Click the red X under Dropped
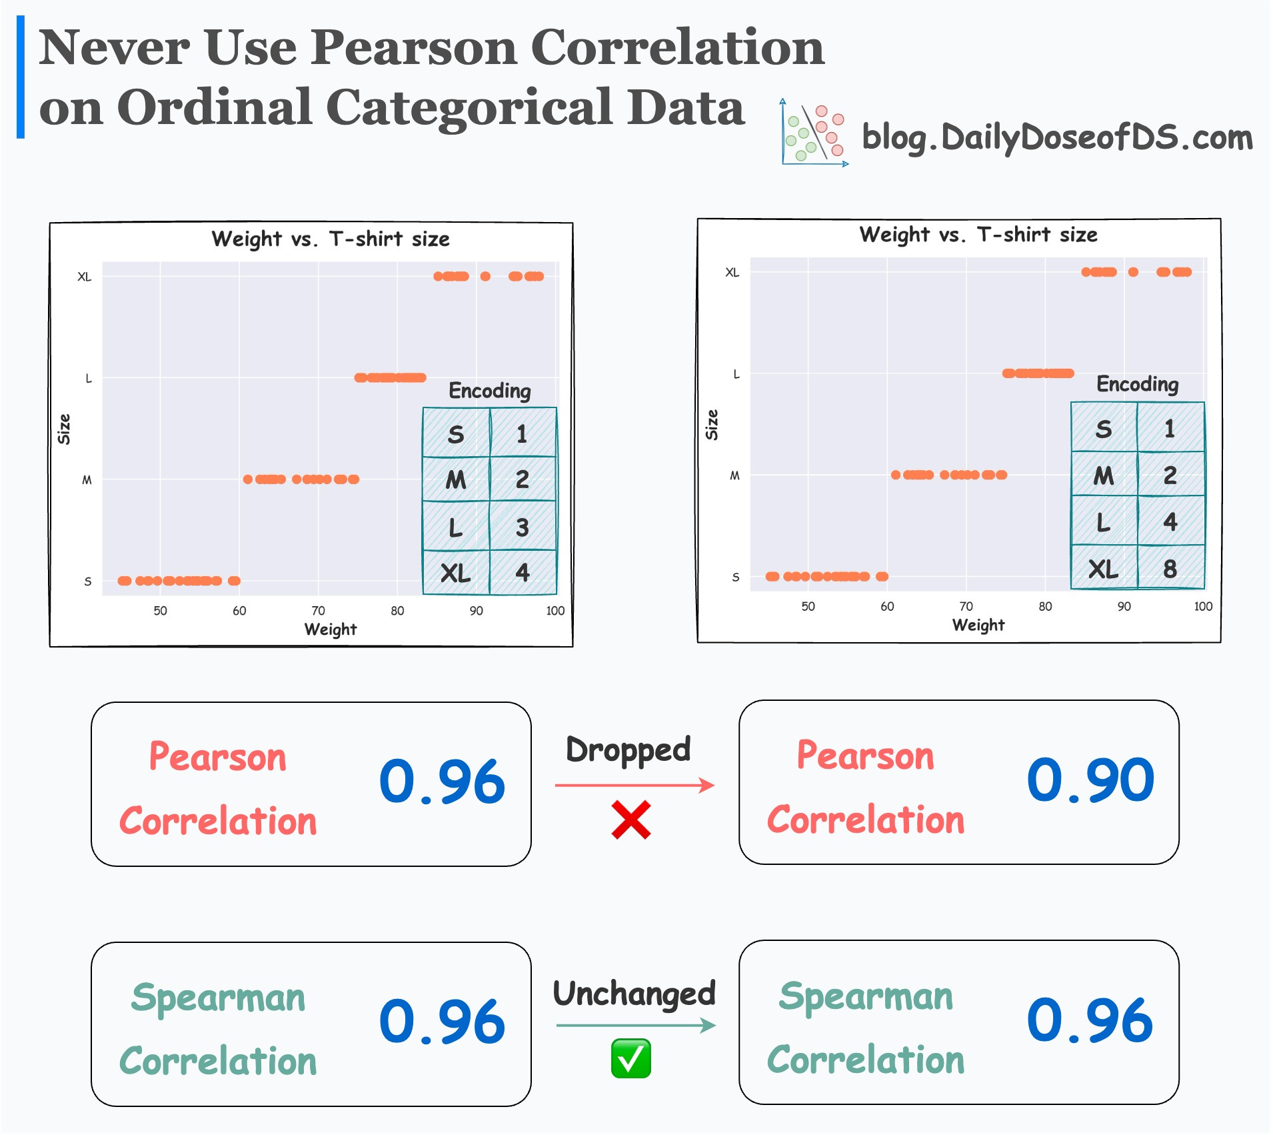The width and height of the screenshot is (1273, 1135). (631, 820)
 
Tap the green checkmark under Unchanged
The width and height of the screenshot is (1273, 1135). (631, 1059)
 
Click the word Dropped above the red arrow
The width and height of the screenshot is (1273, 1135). (628, 750)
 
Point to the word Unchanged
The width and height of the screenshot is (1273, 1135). (634, 994)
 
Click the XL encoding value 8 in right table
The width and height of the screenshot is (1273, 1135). (1170, 569)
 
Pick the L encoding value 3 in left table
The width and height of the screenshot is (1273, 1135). (522, 527)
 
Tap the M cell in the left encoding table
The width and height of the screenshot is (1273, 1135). (456, 479)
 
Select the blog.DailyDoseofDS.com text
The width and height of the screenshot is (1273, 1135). (1057, 138)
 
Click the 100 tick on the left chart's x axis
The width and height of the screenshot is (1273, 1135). (555, 611)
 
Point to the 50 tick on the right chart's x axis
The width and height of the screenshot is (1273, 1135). (808, 607)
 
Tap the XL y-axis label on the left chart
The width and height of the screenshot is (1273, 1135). (85, 277)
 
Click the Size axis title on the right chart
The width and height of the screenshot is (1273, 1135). (712, 425)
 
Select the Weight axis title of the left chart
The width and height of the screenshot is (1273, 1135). (331, 630)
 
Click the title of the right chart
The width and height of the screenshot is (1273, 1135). (978, 235)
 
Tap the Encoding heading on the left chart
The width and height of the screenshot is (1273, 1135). (490, 391)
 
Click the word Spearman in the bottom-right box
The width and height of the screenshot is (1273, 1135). (866, 998)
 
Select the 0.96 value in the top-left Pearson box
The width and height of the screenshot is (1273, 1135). (442, 782)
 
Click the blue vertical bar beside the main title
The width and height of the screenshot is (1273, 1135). (21, 77)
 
